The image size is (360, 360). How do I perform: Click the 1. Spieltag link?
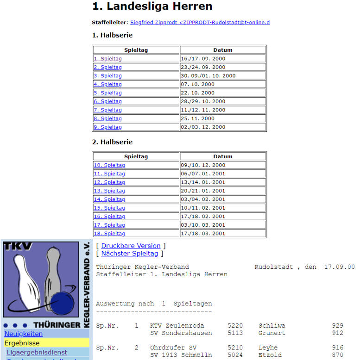pos(107,59)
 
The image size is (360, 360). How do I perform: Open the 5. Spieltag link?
pos(107,93)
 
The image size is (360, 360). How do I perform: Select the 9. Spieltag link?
pos(107,127)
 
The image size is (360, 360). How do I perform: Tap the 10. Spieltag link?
pos(109,165)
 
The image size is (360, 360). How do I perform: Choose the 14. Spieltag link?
pos(109,199)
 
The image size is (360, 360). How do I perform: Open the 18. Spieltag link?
pos(109,234)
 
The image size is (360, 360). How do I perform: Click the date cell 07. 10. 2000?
pos(198,84)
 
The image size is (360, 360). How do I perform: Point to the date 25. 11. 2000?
pos(198,118)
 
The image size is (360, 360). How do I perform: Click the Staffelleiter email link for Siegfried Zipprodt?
pos(200,22)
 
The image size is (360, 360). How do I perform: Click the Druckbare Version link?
pos(131,246)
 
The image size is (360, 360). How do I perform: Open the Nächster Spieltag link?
pos(129,254)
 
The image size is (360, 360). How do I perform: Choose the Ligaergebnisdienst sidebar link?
pos(37,353)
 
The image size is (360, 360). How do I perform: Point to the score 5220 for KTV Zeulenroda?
pos(235,326)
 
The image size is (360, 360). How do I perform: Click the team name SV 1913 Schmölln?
pos(181,355)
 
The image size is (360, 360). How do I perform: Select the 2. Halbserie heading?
pos(113,142)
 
